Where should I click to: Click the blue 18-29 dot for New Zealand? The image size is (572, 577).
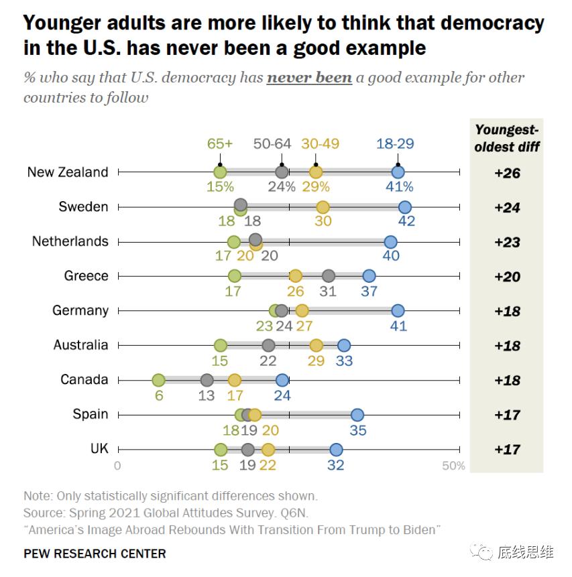[398, 172]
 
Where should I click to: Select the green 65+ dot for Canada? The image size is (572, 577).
[158, 380]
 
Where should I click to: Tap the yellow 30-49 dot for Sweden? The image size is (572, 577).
[323, 207]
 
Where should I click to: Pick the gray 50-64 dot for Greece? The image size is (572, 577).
[329, 276]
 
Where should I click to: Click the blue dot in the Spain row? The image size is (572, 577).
[357, 415]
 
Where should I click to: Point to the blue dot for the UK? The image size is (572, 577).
[336, 450]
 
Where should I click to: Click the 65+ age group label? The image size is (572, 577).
[219, 143]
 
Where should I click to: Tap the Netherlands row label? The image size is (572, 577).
[70, 241]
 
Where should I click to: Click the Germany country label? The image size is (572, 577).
[80, 310]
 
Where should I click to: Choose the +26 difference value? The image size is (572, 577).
[507, 173]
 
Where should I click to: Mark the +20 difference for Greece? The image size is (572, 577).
[507, 277]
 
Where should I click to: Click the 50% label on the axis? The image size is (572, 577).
[453, 466]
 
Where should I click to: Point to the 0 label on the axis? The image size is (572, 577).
[117, 466]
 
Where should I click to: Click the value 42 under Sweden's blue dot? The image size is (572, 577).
[406, 221]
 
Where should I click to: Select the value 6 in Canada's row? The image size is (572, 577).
[158, 395]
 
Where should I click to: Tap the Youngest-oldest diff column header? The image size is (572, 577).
[507, 138]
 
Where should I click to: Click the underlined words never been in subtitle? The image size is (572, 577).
[309, 78]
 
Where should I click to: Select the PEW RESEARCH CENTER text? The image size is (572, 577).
[95, 554]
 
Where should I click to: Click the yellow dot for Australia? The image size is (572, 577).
[316, 346]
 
